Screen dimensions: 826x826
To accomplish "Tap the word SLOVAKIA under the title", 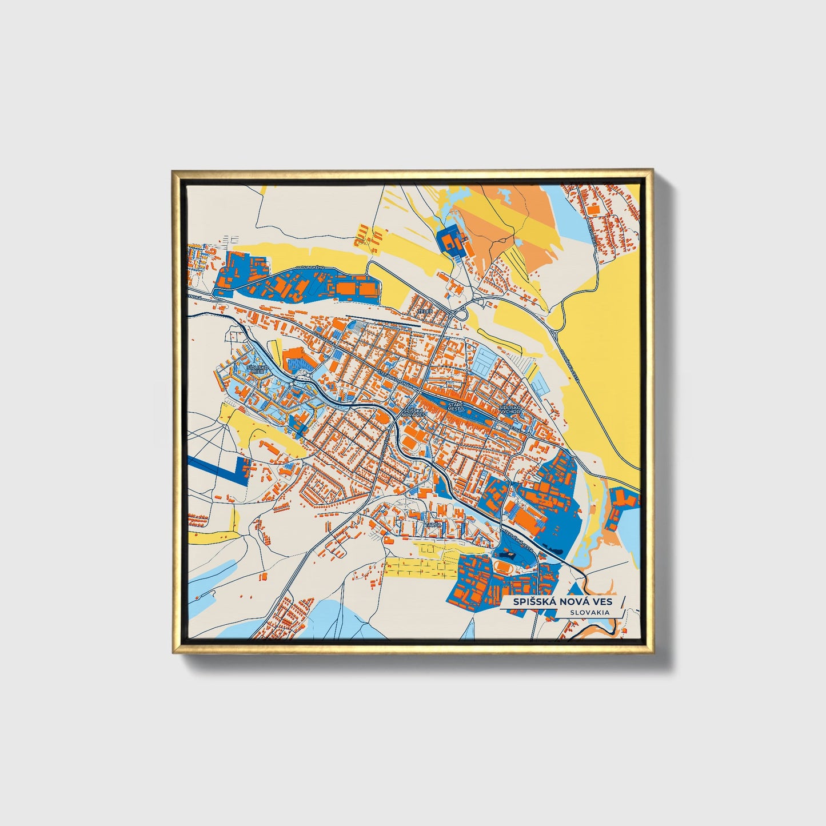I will [x=589, y=612].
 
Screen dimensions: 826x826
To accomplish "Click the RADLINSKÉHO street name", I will [x=310, y=268].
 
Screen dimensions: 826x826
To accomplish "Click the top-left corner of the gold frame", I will [x=173, y=171].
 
